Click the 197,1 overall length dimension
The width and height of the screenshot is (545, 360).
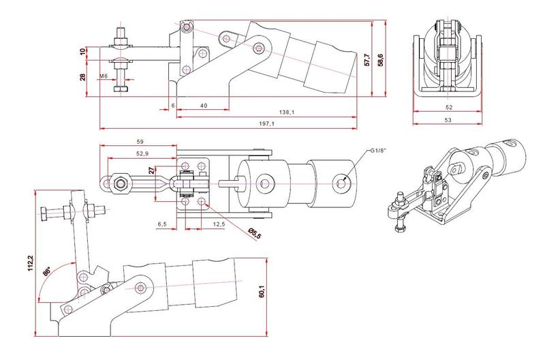pos(267,124)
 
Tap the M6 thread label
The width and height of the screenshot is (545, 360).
pos(104,76)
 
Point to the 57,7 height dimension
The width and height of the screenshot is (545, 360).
pos(368,59)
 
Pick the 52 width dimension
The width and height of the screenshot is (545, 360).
pos(448,108)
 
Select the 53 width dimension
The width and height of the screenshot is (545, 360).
pos(448,120)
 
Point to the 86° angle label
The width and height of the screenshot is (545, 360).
pos(47,271)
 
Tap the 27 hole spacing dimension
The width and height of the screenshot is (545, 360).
pos(151,171)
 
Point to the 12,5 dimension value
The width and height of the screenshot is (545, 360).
pos(219,224)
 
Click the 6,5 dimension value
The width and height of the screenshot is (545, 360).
pos(162,224)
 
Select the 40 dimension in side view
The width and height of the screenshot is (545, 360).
pos(203,106)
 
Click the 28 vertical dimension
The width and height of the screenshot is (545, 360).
pos(83,78)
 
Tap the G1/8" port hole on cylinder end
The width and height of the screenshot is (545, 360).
pos(342,181)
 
